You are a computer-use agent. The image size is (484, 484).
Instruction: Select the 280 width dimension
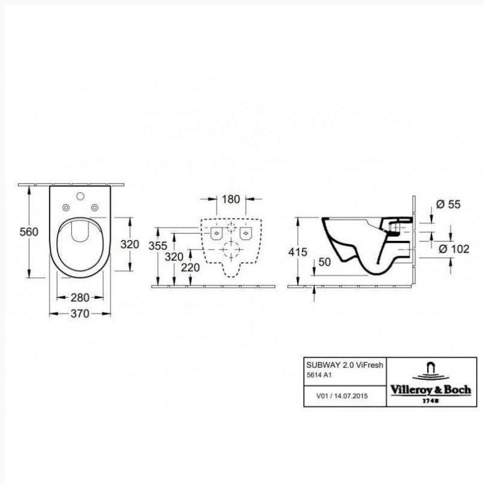(x=80, y=297)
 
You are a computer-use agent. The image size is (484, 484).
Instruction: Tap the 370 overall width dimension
(x=80, y=313)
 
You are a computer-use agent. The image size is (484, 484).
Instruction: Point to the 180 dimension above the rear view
(x=231, y=199)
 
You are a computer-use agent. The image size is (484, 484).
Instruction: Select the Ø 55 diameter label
(x=448, y=204)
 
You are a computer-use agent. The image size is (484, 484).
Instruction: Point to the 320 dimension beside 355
(x=174, y=256)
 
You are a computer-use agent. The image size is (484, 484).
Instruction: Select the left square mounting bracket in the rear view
(x=216, y=232)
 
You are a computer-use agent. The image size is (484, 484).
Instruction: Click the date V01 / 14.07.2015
(x=342, y=396)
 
